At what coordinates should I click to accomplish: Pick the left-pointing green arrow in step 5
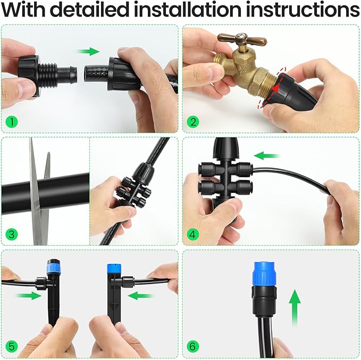click(141, 295)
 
